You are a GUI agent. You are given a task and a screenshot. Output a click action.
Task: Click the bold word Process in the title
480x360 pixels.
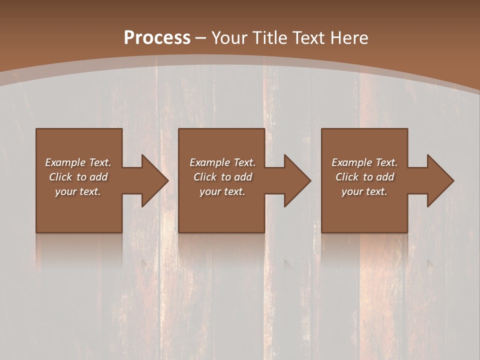(x=157, y=38)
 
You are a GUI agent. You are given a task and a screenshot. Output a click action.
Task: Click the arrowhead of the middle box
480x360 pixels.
(x=297, y=180)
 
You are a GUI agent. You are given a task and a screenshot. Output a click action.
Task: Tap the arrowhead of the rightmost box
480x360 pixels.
(x=440, y=180)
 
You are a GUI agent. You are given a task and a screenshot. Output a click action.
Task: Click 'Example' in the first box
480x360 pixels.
(x=65, y=162)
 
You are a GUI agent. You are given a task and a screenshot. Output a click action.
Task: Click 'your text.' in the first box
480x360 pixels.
(x=78, y=191)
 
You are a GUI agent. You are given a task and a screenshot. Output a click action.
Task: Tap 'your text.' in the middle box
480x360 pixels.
(x=222, y=191)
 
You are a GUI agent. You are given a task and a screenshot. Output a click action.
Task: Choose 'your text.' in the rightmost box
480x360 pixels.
(x=364, y=191)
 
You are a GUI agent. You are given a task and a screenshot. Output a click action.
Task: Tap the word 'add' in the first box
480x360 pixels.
(x=98, y=177)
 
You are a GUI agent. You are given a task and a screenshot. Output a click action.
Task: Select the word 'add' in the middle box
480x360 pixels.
(x=243, y=177)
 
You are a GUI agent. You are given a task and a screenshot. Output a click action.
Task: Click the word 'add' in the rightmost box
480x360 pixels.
(x=385, y=177)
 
